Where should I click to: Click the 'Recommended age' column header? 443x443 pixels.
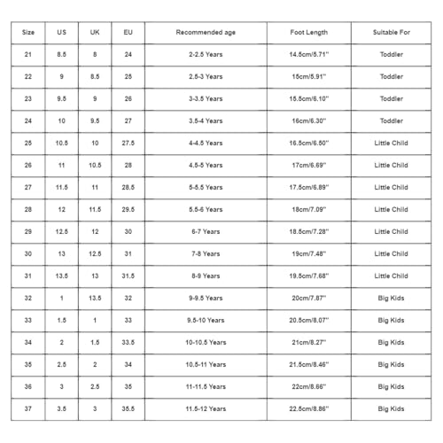coord(206,32)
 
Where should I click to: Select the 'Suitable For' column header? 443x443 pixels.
coord(391,32)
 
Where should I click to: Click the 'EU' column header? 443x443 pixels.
coord(128,32)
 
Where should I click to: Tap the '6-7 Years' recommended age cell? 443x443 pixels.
coord(206,231)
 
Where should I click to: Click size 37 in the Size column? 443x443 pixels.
coord(28,408)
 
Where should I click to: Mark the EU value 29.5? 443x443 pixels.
coord(128,209)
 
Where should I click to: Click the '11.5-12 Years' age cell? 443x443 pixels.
coord(206,408)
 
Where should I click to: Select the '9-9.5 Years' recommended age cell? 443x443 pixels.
coord(206,298)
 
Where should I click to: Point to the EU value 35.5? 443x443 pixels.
coord(128,408)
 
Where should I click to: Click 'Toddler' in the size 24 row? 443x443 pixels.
coord(391,120)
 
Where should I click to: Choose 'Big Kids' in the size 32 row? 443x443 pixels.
coord(391,298)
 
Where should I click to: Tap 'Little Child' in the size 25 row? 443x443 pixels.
coord(391,143)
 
